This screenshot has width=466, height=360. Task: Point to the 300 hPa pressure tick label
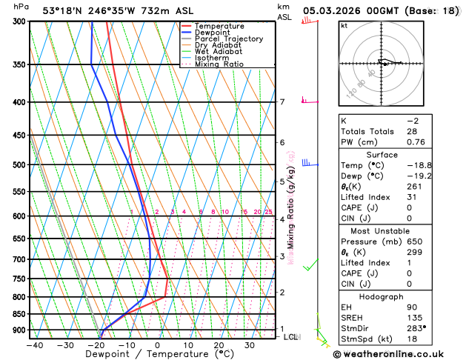pos(18,21)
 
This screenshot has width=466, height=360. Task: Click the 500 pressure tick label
pos(18,165)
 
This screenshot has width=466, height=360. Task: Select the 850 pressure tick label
pos(18,314)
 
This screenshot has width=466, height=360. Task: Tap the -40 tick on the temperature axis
pos(34,345)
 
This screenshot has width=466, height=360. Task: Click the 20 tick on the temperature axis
pos(219,345)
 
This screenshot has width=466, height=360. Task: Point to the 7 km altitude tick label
pos(282,102)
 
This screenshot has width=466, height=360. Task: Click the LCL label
pos(291,337)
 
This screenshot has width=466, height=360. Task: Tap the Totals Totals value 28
pos(412,131)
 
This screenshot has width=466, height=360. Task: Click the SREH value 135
pos(414,317)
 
